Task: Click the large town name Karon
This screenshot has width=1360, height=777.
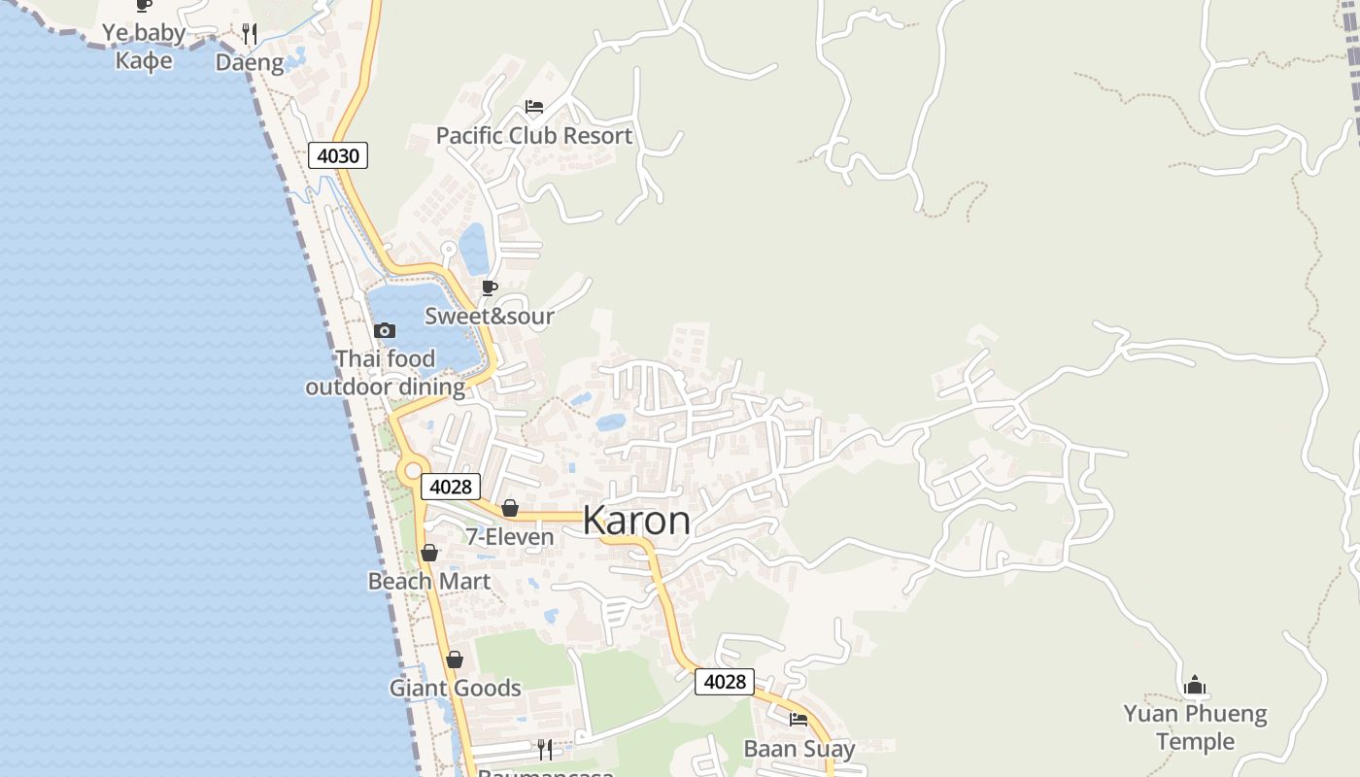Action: tap(636, 521)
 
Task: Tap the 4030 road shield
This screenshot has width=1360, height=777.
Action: tap(338, 155)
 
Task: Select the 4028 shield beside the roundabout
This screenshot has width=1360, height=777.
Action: tap(451, 487)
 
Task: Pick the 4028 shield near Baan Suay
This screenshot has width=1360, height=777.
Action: tap(725, 682)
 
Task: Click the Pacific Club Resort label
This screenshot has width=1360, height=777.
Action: tap(533, 136)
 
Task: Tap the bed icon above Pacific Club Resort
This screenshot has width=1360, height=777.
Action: tap(533, 107)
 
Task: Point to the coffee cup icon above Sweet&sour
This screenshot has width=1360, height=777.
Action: tap(490, 287)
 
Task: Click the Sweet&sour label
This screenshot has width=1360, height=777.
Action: tap(490, 316)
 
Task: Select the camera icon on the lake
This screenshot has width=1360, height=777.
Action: tap(385, 330)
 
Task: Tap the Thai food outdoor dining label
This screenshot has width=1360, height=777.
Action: tap(386, 373)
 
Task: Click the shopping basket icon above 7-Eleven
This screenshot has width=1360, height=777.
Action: tap(510, 508)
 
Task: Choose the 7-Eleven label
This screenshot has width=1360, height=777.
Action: tap(510, 537)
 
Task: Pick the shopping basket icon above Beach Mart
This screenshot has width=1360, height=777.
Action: tap(429, 553)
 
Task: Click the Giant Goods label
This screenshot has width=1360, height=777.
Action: tap(456, 689)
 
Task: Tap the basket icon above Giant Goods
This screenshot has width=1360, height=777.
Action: tap(455, 660)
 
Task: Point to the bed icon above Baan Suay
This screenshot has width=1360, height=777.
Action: tap(799, 720)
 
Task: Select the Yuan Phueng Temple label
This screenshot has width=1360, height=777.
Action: tap(1195, 727)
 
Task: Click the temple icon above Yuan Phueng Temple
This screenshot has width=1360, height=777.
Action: tap(1195, 686)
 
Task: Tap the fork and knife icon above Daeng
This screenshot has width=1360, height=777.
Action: tap(250, 34)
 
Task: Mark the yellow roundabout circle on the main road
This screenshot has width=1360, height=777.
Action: tap(410, 470)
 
